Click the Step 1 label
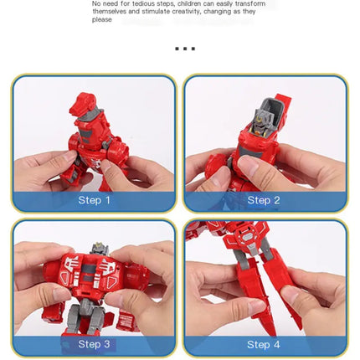94,200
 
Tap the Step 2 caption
264,200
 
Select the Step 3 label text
94,343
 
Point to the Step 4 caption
264,344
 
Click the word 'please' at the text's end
101,19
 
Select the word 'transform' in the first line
249,3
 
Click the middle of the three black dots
185,49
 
